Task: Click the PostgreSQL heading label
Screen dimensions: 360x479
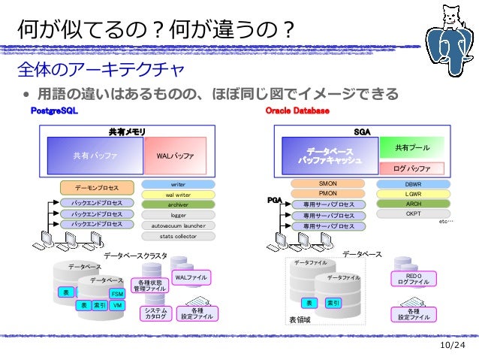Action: tap(53, 111)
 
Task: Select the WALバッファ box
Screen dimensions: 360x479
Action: tap(175, 156)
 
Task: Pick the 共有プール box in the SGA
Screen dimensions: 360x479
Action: tap(412, 148)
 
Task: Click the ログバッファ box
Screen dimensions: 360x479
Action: tap(412, 168)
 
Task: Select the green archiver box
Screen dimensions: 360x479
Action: tap(178, 204)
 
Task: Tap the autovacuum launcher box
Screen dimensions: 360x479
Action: tap(178, 225)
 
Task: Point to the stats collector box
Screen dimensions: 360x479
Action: tap(178, 235)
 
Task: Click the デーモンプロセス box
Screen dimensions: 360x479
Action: tap(97, 187)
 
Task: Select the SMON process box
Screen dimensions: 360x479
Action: tap(328, 183)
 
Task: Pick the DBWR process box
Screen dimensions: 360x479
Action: tap(413, 183)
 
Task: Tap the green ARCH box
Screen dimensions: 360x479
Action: tap(413, 204)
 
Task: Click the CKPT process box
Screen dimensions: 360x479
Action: tap(413, 213)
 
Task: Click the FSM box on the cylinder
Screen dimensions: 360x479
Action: tap(117, 293)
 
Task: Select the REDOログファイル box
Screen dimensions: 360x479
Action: tap(413, 279)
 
